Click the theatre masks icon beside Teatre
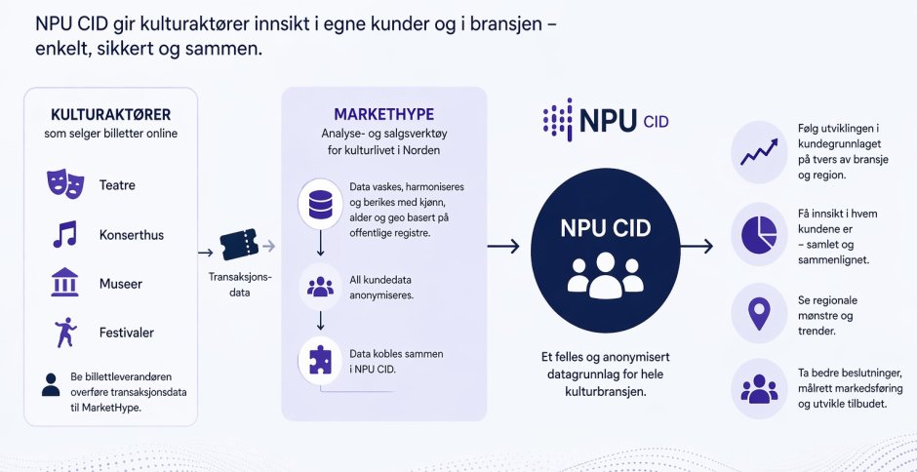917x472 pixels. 65,184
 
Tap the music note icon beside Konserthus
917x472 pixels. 64,234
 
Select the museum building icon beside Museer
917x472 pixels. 64,283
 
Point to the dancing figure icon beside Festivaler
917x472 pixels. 65,333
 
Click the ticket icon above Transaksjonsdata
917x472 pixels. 239,245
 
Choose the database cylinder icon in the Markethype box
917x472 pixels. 320,203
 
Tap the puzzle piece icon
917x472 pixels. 320,360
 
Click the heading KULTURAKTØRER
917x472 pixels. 110,114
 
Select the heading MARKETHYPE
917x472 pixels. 383,113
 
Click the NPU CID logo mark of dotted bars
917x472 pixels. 557,119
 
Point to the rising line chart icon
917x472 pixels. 759,152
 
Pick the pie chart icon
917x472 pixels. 759,234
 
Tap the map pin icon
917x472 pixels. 759,313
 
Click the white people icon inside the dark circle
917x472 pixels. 605,275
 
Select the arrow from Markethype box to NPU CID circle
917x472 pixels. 503,246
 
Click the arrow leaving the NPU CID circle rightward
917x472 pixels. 696,246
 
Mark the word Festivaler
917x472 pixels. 127,333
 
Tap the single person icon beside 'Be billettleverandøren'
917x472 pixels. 51,385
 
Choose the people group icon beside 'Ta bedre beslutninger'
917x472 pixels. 759,389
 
